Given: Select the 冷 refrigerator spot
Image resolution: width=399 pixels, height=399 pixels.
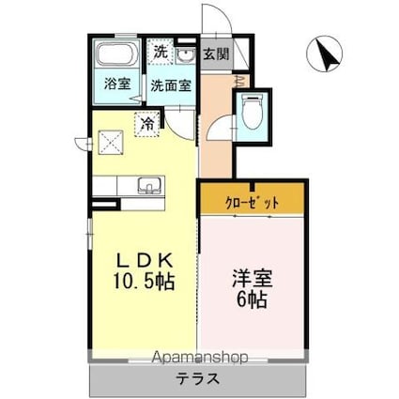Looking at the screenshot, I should pos(146,122).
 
